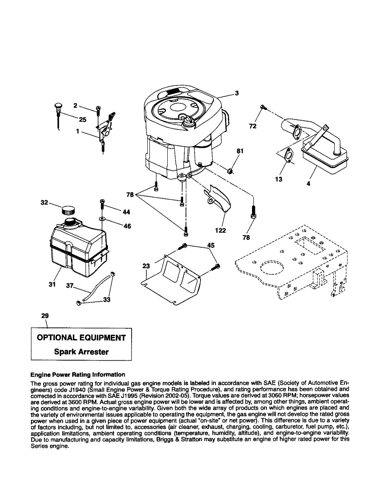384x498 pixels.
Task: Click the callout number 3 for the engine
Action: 237,93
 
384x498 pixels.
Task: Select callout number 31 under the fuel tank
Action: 52,284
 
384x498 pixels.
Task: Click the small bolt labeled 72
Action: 263,107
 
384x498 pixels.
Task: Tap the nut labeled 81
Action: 230,170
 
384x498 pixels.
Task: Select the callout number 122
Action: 220,230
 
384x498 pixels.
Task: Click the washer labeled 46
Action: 102,218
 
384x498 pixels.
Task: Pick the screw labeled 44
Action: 102,203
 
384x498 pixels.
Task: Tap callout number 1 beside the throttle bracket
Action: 77,131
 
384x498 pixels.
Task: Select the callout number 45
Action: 211,245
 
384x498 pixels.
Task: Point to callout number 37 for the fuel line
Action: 70,286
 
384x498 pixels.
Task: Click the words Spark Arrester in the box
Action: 81,352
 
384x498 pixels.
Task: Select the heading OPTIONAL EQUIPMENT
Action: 81,338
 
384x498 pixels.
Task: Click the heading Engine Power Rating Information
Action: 78,374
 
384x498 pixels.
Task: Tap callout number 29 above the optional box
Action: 45,316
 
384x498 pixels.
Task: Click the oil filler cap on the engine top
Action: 188,121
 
